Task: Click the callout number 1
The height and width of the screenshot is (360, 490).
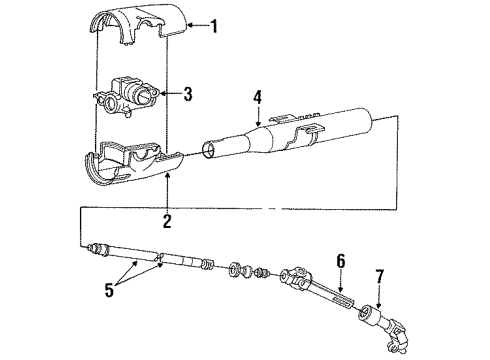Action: tap(214, 25)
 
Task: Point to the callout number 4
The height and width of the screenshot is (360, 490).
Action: tap(257, 98)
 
